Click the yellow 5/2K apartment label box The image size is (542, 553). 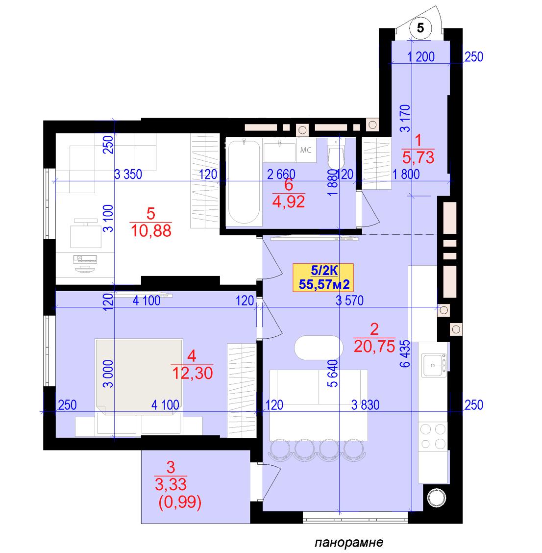click(x=323, y=277)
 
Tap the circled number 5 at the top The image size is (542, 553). click(x=420, y=27)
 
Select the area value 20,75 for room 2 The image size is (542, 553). click(x=374, y=346)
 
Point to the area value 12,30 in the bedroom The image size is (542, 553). click(x=192, y=373)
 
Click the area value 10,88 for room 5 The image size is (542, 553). click(x=151, y=230)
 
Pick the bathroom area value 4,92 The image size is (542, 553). click(x=289, y=201)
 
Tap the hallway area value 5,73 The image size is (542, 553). click(x=418, y=157)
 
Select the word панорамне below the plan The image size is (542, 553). click(x=349, y=542)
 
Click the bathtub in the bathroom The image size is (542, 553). click(x=244, y=181)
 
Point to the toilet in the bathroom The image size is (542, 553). click(x=336, y=154)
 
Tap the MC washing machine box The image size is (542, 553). click(x=306, y=150)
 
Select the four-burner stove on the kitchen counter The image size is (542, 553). click(x=433, y=437)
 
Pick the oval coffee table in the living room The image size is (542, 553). click(x=319, y=348)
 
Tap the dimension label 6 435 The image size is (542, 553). click(x=405, y=354)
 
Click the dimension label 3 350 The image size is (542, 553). click(x=128, y=174)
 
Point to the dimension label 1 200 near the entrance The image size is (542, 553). click(x=420, y=57)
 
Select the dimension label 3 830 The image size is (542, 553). click(x=365, y=405)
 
